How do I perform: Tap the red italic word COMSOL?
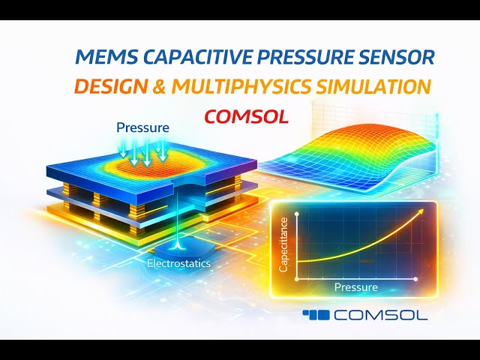(246, 117)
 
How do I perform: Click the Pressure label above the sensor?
(142, 128)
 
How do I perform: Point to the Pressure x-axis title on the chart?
(356, 287)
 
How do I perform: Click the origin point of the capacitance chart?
(298, 278)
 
